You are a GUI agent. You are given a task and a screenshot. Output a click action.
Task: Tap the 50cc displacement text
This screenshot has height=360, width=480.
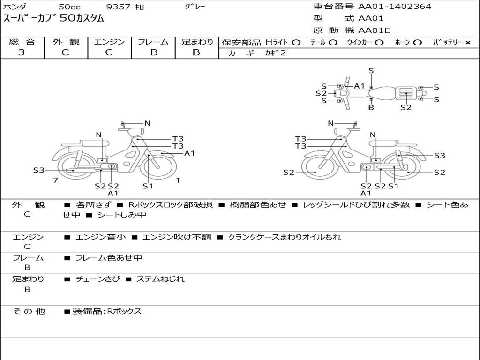[69, 7]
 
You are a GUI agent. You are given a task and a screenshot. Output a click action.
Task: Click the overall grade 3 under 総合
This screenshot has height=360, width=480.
[22, 52]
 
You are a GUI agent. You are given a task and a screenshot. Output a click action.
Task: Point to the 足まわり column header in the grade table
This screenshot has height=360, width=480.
[197, 42]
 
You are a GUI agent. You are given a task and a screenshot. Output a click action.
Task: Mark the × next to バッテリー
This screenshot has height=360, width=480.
[467, 43]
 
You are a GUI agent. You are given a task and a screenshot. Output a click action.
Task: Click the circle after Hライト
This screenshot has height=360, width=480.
[296, 43]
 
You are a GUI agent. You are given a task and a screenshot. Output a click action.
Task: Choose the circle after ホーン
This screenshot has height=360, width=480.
[417, 43]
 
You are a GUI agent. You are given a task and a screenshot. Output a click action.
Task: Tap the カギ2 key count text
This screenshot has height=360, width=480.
[275, 53]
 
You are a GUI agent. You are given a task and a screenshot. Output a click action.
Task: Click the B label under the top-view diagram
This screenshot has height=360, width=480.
[371, 107]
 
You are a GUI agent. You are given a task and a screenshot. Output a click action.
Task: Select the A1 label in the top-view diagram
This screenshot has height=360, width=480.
[360, 86]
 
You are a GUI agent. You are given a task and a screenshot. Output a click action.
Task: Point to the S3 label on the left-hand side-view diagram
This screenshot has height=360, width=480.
[38, 170]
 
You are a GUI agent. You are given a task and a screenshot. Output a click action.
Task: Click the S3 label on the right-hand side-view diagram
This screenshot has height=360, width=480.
[439, 156]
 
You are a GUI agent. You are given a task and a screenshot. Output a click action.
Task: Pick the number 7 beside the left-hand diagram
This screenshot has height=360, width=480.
[55, 180]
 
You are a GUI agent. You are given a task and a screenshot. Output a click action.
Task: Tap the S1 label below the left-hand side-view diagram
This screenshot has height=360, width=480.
[148, 186]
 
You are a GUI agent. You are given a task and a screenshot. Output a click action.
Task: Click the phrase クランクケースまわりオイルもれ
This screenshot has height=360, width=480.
[285, 237]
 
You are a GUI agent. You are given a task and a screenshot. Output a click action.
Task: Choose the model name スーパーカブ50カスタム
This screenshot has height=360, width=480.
[54, 19]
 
